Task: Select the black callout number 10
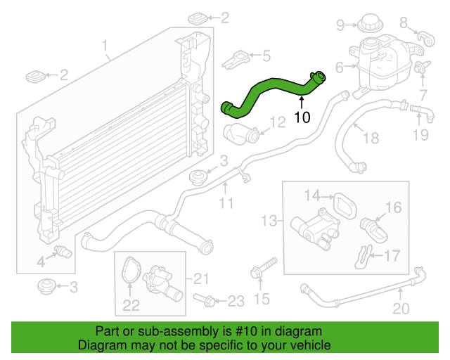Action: click(302, 117)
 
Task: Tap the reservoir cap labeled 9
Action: click(371, 22)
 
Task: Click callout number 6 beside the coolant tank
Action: click(340, 67)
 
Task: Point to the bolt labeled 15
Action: click(264, 267)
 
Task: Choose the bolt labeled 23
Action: click(204, 300)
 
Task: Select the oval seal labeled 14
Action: click(345, 205)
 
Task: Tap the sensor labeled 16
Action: click(374, 230)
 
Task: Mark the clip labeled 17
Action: click(364, 257)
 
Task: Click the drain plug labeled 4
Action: click(63, 252)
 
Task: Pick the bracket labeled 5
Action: click(236, 60)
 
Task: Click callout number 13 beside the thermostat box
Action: click(269, 221)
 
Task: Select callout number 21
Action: click(201, 278)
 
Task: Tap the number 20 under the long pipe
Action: click(401, 309)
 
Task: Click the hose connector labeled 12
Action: click(242, 134)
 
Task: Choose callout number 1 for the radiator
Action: click(105, 46)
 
